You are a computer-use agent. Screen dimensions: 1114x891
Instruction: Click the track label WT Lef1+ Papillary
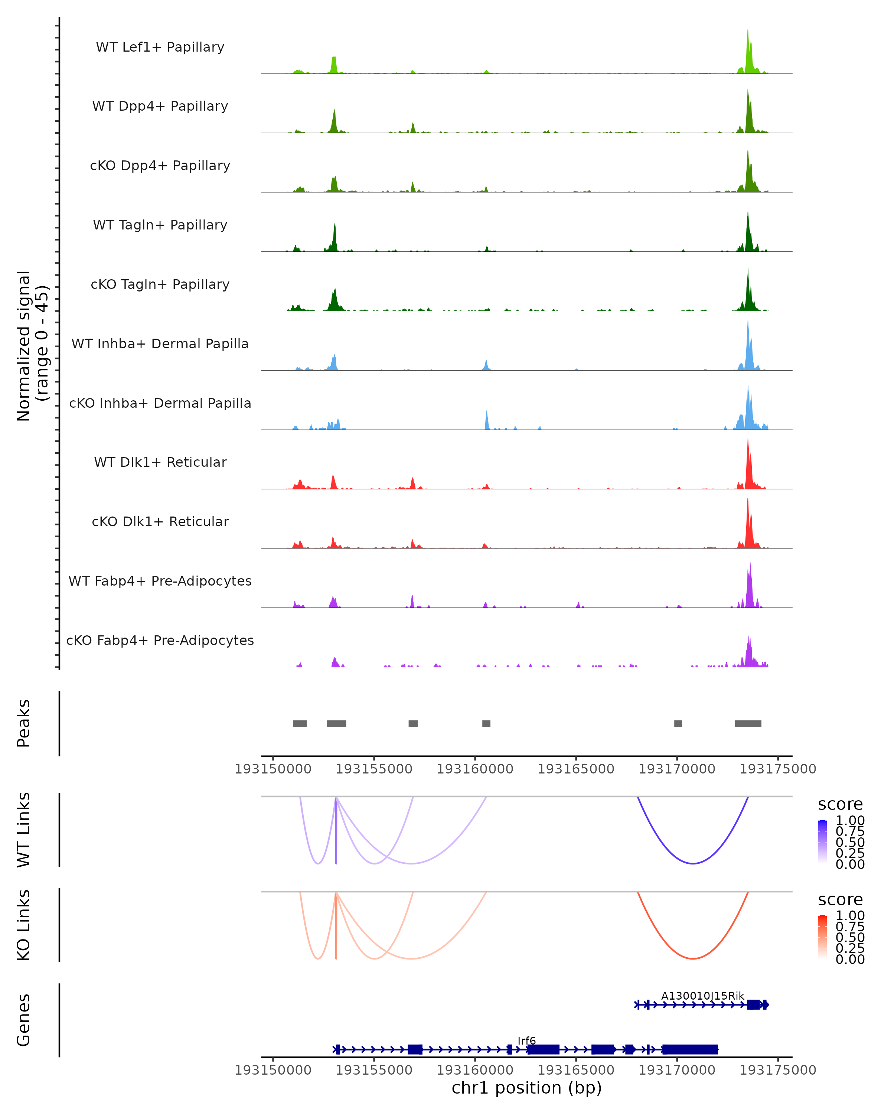160,47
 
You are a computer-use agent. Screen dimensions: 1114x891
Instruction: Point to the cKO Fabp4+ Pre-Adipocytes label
160,640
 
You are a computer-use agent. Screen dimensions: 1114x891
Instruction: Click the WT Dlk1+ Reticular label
160,462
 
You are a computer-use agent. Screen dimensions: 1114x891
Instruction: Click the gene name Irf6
526,1040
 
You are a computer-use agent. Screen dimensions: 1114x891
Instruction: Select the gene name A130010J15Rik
702,996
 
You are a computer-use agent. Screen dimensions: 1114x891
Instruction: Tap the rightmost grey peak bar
748,723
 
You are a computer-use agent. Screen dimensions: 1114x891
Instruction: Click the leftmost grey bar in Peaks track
300,723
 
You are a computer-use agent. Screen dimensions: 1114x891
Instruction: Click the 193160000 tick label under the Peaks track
475,769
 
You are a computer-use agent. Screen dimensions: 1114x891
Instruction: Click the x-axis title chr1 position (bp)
526,1088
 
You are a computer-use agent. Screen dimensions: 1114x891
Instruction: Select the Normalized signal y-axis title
32,346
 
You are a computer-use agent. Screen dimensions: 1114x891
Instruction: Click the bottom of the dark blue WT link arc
693,863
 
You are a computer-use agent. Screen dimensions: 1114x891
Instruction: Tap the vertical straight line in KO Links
336,930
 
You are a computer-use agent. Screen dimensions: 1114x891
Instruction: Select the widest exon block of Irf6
689,1049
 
